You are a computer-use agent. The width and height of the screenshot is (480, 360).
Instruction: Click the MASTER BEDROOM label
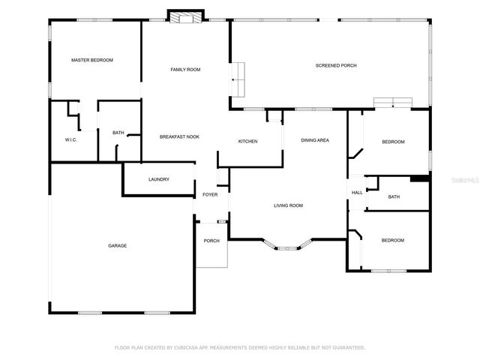(x=91, y=60)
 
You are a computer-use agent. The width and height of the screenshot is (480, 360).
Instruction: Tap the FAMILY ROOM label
(x=185, y=70)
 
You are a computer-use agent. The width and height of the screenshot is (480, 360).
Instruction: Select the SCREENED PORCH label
(x=335, y=66)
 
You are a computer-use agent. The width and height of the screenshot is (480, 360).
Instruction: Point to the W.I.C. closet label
(x=71, y=139)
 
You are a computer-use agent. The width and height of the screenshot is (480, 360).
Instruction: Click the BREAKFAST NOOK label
(x=179, y=136)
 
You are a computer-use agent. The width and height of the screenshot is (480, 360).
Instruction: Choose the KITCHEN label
(x=248, y=142)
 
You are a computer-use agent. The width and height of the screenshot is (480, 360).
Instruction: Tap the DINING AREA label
(x=315, y=140)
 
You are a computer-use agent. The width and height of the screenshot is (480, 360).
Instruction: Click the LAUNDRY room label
(x=159, y=179)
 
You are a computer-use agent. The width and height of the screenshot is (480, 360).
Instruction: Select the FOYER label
(x=210, y=195)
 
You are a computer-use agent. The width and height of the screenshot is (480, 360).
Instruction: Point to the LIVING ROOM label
(x=287, y=205)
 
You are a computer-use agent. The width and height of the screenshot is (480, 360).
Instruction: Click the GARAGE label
(x=117, y=245)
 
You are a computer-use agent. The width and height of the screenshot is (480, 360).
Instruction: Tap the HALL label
(x=357, y=193)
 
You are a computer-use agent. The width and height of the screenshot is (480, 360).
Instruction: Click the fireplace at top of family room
(x=185, y=16)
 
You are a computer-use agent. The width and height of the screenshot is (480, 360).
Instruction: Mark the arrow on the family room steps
(x=235, y=79)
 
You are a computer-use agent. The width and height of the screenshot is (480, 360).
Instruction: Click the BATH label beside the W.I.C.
(x=118, y=133)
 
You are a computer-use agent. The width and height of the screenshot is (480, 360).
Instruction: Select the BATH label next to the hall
(x=394, y=197)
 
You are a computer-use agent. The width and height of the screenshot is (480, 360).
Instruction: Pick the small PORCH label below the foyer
(x=211, y=241)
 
